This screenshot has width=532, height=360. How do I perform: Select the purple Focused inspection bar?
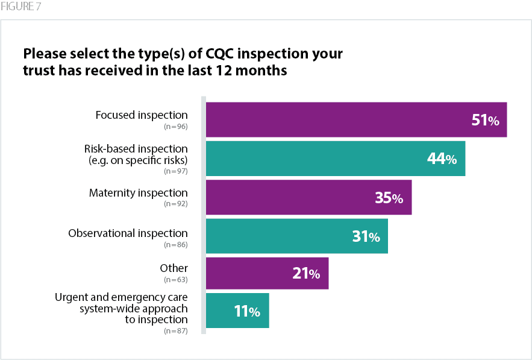coord(337,119)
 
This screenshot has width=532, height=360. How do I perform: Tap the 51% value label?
coord(485,120)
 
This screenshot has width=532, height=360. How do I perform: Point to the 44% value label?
coord(442,159)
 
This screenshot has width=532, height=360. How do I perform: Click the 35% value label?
coord(389,198)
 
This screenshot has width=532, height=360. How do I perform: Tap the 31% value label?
coord(366,237)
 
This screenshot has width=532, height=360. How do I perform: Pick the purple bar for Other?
coord(253,273)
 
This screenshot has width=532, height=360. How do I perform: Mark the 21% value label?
coord(306,274)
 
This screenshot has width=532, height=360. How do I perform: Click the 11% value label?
coord(246,311)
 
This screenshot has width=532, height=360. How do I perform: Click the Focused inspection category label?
coord(142,115)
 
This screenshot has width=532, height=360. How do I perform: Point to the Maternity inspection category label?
coord(139,193)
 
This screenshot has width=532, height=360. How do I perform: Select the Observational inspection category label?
coord(128,233)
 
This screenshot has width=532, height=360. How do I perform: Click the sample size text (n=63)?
coord(176,280)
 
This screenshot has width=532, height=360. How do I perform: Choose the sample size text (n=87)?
coord(176,331)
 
